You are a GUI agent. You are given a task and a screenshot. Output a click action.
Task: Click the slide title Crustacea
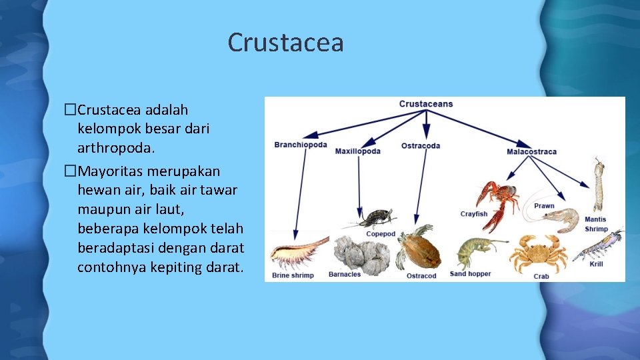[285, 43]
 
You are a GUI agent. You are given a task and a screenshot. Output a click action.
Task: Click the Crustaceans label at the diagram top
[426, 104]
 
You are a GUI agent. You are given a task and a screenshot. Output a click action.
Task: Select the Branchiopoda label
[301, 145]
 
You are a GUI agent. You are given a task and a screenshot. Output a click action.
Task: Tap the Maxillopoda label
[358, 151]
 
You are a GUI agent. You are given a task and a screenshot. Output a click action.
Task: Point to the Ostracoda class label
[421, 145]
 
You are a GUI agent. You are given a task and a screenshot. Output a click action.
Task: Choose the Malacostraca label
[531, 151]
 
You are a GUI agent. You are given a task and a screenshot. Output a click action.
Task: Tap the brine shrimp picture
[295, 253]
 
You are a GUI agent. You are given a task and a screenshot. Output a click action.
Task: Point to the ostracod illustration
[419, 247]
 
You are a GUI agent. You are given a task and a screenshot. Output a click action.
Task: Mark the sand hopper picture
[473, 253]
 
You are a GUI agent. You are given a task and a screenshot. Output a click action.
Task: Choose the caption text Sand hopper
[470, 274]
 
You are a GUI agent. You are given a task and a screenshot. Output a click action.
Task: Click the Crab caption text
[541, 275]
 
